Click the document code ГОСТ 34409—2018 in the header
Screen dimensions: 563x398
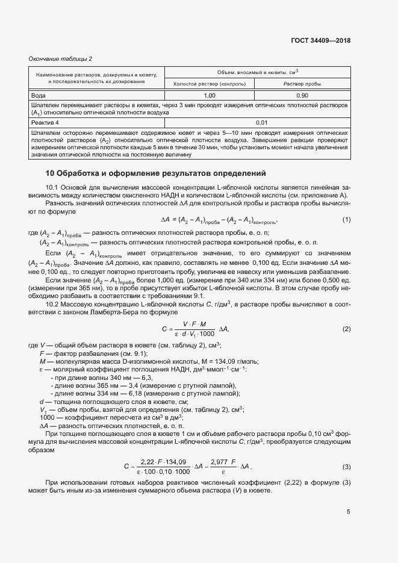click(x=321, y=41)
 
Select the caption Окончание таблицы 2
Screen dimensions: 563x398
click(x=60, y=58)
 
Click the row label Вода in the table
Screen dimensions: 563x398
click(x=39, y=96)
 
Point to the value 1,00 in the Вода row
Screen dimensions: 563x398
click(x=210, y=96)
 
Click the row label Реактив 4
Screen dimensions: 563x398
click(x=46, y=122)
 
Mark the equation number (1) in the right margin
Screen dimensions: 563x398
click(x=346, y=219)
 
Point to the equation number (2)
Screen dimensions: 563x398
click(x=346, y=329)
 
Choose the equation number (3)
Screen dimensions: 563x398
click(x=346, y=467)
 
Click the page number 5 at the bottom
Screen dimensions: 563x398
click(x=349, y=512)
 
